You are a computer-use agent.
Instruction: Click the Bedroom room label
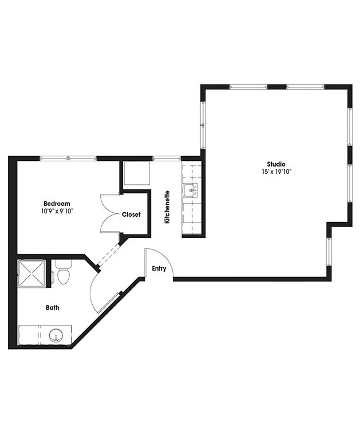tap(57, 204)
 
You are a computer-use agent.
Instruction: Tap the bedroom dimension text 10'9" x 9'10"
tap(57, 211)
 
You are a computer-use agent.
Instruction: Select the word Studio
tap(276, 164)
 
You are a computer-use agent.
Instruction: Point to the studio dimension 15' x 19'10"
tap(276, 172)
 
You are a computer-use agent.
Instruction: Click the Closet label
tap(131, 215)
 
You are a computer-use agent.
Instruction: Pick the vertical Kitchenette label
tap(167, 207)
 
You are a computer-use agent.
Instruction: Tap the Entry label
tap(159, 268)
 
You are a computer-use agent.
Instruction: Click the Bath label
tap(53, 307)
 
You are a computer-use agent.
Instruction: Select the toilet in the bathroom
tap(64, 272)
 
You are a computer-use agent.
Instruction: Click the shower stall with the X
tap(31, 273)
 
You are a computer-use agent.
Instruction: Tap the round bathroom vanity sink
tap(56, 336)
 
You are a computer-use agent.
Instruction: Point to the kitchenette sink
tap(191, 191)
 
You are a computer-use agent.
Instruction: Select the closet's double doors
tap(110, 213)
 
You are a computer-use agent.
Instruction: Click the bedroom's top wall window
tap(68, 158)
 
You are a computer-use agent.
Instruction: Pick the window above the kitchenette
tap(167, 158)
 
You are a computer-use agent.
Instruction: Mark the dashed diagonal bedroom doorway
tap(109, 255)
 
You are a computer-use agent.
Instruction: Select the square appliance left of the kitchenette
tap(137, 173)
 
